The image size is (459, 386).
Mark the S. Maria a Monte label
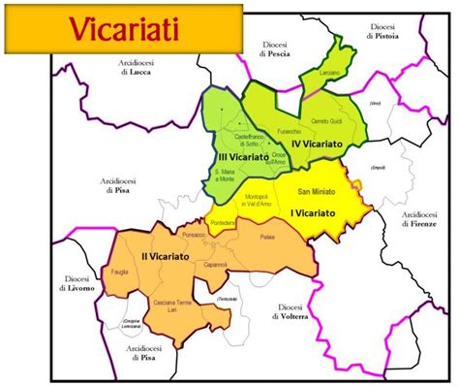(224, 173)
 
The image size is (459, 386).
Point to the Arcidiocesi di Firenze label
(419, 219)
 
